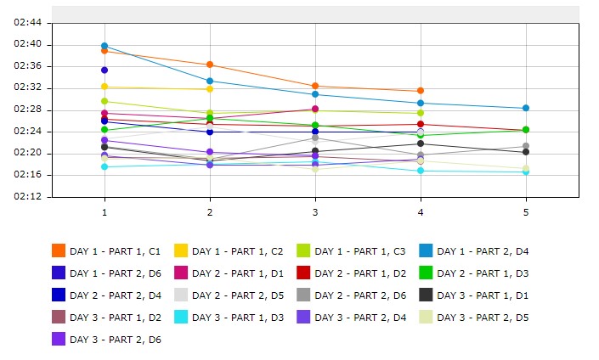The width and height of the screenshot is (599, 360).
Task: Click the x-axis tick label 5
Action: pos(526,211)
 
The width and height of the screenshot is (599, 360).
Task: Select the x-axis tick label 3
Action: pos(315,211)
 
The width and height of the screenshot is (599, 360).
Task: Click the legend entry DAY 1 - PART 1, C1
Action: pos(115,251)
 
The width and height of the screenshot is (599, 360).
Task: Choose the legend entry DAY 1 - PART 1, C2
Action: pos(237,251)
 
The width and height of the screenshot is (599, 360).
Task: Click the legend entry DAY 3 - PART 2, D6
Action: pos(115,340)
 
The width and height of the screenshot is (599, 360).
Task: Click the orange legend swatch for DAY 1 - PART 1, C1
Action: pos(59,250)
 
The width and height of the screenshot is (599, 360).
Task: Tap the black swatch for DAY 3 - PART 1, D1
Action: pos(427,295)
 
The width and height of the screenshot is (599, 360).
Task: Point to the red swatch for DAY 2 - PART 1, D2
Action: pos(304,273)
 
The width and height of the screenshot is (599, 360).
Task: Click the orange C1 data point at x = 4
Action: pos(421,91)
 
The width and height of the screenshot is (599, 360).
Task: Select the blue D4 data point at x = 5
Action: pos(526,109)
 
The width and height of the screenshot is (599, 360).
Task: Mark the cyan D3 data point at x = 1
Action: pos(105,167)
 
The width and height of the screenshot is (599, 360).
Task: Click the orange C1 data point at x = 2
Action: pos(210,65)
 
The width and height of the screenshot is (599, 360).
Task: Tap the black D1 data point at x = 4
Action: pos(421,143)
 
